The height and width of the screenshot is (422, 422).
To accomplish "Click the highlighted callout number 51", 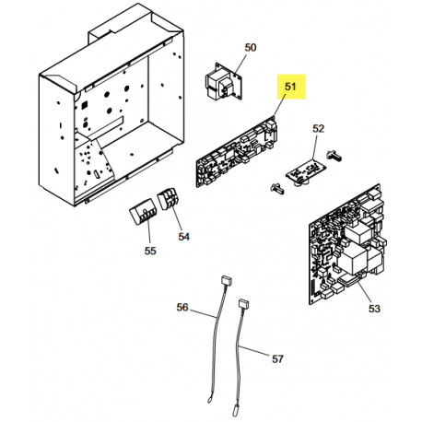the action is pos(290,87).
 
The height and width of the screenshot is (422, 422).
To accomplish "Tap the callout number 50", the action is pos(251,48).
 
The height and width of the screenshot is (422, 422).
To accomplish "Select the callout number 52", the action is pos(319,128).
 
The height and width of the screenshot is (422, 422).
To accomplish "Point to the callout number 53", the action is pos(374,309).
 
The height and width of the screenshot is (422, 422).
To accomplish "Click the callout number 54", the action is pos(184,237).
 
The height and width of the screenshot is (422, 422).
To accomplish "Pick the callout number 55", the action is pos(150,251).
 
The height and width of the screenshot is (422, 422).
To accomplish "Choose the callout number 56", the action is pos(182,307).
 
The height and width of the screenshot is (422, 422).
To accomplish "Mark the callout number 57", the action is pos(277,358).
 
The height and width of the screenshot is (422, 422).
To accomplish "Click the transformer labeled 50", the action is pos(223,81).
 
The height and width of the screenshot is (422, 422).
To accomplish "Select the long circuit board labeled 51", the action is pos(237,151).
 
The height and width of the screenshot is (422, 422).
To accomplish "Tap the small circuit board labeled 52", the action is pos(306,172).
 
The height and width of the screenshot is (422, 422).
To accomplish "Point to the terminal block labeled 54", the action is pos(169,199).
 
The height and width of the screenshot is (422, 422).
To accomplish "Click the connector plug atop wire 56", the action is pos(227,281).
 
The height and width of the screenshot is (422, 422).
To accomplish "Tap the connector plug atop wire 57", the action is pos(244,304).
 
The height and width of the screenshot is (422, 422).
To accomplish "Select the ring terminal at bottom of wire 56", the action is pos(209,401).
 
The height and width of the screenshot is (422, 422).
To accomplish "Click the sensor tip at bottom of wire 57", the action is pos(237,402).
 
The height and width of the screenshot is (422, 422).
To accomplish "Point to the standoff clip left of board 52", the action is pos(276,189).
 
